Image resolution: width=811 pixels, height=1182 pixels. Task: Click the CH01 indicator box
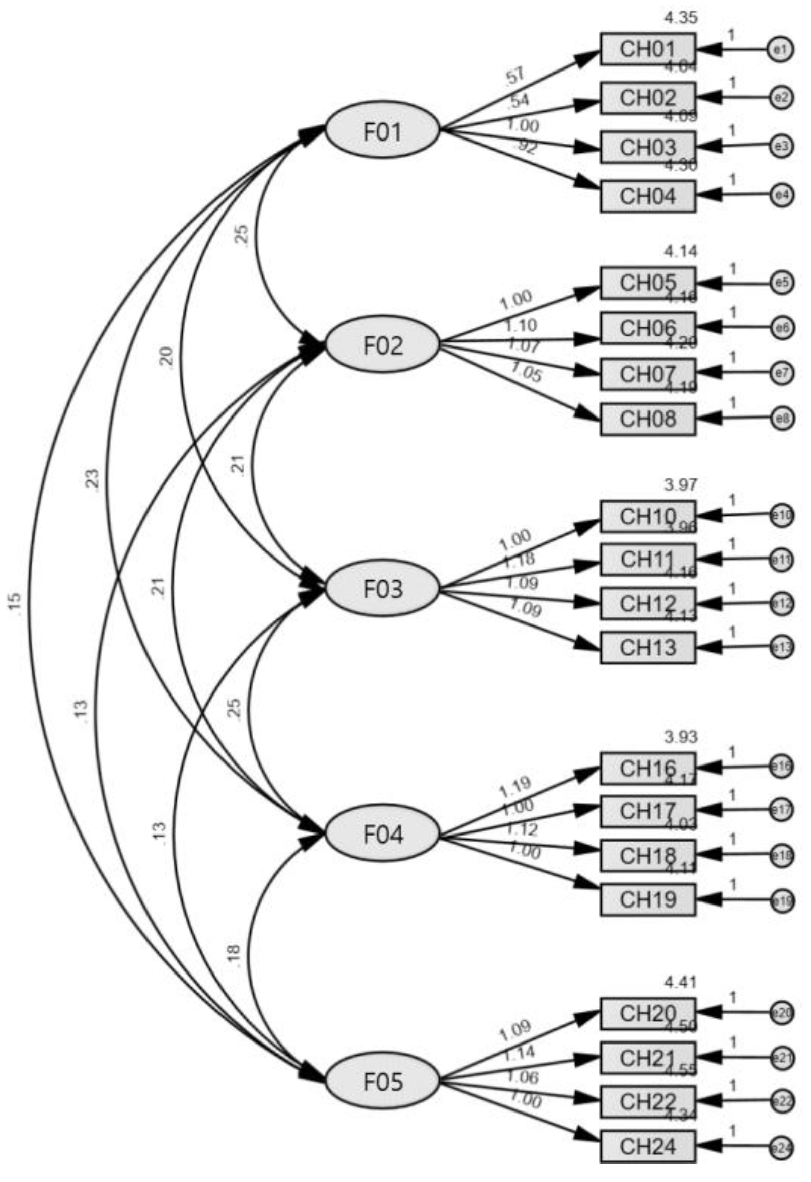[x=647, y=49]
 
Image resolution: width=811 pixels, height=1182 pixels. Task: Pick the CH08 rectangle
[x=647, y=419]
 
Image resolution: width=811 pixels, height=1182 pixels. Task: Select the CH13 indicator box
[x=647, y=648]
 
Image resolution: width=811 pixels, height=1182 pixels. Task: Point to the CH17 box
[x=647, y=811]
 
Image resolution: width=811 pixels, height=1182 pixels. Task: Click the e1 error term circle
[x=780, y=49]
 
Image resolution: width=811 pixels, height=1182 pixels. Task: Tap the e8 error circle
[x=781, y=419]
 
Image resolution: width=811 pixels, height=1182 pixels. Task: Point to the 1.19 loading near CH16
[x=514, y=787]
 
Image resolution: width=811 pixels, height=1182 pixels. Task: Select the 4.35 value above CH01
[x=680, y=18]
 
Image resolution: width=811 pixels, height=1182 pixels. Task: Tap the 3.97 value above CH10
[x=680, y=485]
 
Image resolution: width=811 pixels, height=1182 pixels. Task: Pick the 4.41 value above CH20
[x=680, y=982]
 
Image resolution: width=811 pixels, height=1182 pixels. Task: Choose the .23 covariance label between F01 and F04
[x=94, y=478]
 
